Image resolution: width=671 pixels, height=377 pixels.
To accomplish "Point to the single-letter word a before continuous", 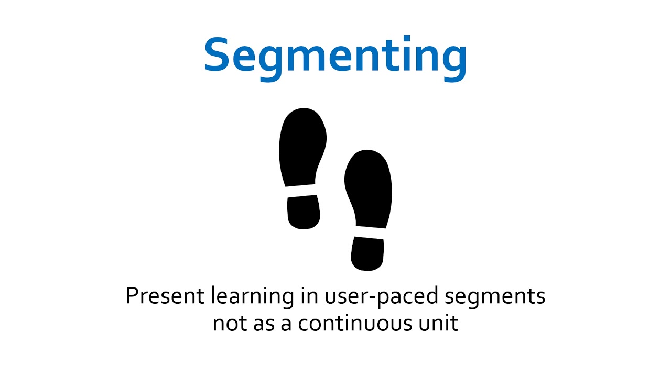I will coord(286,324).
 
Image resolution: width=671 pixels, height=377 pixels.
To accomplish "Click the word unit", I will coord(439,323).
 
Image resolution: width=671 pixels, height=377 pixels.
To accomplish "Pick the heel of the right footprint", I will coord(367,254).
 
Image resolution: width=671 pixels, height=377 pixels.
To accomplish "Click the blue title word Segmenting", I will coord(335,54).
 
